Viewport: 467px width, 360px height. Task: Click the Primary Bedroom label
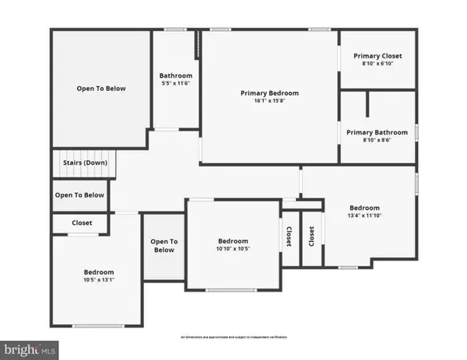tap(269, 93)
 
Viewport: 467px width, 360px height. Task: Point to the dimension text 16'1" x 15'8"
tap(269, 101)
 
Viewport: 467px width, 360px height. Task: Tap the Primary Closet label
tap(377, 56)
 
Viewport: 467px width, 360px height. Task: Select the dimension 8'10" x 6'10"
tap(377, 64)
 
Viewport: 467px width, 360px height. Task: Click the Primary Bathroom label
tap(377, 131)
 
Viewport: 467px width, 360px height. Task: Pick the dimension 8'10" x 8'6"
tap(377, 139)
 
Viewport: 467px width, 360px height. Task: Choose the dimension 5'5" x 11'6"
tap(176, 83)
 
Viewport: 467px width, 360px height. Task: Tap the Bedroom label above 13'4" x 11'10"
tap(364, 208)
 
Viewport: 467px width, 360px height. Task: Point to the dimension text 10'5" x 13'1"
tap(99, 280)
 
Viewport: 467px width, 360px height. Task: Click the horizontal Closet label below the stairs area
tap(82, 223)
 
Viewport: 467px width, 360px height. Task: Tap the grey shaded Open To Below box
tap(163, 246)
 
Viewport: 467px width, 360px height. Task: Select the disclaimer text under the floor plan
tap(233, 337)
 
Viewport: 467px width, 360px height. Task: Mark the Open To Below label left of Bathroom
tap(100, 89)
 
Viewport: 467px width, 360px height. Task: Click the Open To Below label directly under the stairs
tap(79, 195)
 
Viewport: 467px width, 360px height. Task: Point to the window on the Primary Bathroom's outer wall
tap(416, 132)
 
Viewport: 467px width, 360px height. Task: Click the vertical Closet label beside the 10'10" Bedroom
tap(288, 237)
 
